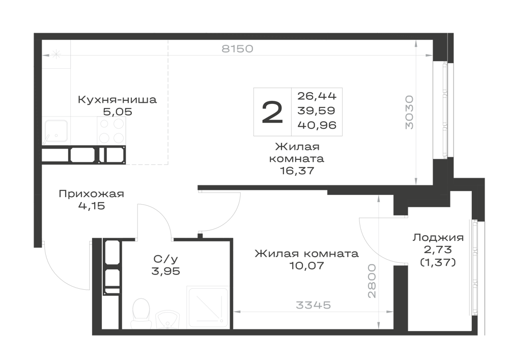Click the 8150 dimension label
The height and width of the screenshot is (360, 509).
point(237,49)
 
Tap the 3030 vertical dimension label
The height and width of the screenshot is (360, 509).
point(409,113)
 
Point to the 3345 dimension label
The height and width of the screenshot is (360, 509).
point(313,305)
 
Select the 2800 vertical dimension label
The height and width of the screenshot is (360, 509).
point(372,281)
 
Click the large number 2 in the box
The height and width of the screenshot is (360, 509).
point(272,112)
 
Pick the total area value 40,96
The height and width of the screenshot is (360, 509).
point(317,125)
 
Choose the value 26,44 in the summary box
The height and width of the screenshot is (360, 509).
point(317,96)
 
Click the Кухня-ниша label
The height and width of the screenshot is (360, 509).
point(117,99)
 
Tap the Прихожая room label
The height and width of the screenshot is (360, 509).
point(92,194)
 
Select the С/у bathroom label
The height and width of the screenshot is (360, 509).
point(165,259)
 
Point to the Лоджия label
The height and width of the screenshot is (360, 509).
point(438,238)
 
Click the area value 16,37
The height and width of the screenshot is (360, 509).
point(297,171)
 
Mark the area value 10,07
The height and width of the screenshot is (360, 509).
point(306,266)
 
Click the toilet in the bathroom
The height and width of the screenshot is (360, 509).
point(141,313)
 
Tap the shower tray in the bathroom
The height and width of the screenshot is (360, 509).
point(208,308)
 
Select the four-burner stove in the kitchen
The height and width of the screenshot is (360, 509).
point(111,130)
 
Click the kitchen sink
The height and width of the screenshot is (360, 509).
point(56,131)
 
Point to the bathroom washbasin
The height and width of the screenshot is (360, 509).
point(167,319)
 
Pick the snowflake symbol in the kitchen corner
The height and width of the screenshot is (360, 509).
point(56,54)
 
